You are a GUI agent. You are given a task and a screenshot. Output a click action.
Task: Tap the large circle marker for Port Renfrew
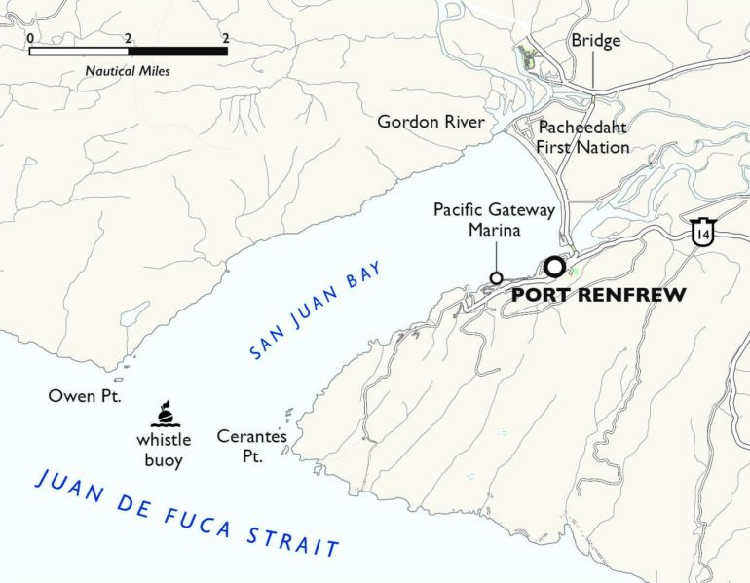tap(554, 266)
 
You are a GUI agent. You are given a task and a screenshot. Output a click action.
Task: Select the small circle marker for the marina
tap(496, 277)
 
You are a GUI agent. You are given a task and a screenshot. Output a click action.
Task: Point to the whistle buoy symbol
tap(167, 415)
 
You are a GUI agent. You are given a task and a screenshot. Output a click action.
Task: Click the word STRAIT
tap(295, 540)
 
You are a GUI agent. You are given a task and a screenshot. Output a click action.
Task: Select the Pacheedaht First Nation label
tap(582, 136)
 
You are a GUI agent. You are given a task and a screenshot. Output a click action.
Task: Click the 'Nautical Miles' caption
tap(128, 71)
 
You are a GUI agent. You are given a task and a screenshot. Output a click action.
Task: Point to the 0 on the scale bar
tap(31, 37)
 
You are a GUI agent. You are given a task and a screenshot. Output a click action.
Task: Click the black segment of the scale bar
tap(177, 51)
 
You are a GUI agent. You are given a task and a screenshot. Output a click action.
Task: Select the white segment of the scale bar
tap(79, 51)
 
